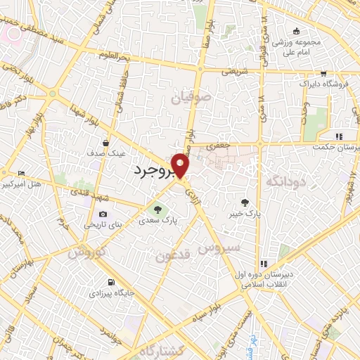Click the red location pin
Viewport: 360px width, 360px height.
click(180, 165)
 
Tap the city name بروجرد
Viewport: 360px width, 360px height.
click(153, 171)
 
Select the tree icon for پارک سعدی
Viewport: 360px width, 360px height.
click(157, 208)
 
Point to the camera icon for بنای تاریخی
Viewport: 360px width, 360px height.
click(103, 214)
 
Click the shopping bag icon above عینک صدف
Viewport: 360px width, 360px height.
click(105, 141)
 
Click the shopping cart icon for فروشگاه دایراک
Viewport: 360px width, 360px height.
click(323, 73)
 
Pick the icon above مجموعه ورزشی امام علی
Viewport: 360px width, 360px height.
click(296, 30)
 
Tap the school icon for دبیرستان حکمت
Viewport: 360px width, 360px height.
click(338, 136)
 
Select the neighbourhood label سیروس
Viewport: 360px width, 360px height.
click(219, 248)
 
